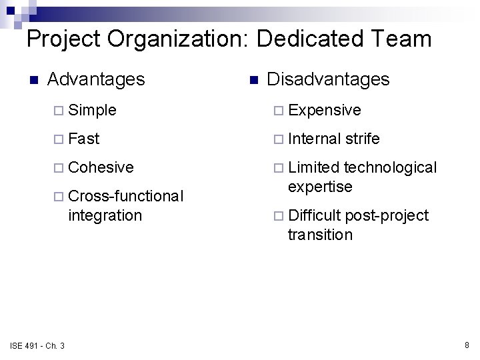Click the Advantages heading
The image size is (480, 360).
click(96, 79)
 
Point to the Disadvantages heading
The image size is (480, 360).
click(328, 79)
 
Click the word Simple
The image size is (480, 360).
click(92, 109)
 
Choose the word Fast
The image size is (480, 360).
click(83, 139)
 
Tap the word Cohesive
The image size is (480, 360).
click(101, 167)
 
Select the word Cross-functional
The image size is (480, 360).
click(125, 196)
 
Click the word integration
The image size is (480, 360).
click(105, 215)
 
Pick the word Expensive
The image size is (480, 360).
click(325, 109)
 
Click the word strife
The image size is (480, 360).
click(363, 139)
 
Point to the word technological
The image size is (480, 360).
click(391, 167)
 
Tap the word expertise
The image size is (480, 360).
click(319, 187)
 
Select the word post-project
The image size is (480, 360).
click(387, 215)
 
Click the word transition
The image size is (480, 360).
click(320, 235)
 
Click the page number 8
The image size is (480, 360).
click(467, 345)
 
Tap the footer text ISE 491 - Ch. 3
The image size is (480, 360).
click(37, 345)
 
